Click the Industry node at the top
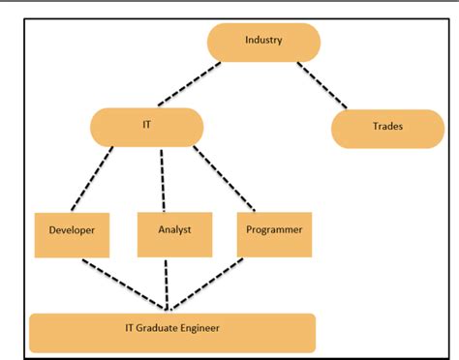tap(263, 42)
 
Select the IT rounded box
tap(146, 127)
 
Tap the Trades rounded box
tap(387, 128)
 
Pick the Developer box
tap(72, 233)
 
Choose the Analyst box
tap(174, 233)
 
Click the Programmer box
tap(273, 233)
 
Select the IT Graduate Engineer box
tap(172, 332)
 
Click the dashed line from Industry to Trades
tap(323, 85)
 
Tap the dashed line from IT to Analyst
tap(163, 178)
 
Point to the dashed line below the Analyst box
tap(170, 285)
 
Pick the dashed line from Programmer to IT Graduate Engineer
tap(222, 285)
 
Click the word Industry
tap(263, 41)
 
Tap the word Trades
tap(387, 127)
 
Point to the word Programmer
tap(274, 229)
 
